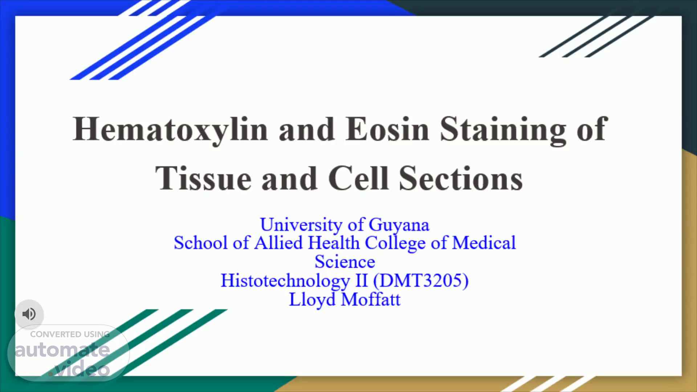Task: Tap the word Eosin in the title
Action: coord(387,129)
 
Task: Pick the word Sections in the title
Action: coord(461,178)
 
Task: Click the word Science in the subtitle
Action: coord(345,262)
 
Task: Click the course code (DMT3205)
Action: coord(421,281)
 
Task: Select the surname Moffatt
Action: coord(371,299)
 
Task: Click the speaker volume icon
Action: coord(29,314)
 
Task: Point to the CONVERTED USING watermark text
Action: coord(70,334)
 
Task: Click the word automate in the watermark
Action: coord(62,350)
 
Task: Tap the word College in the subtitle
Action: coord(395,243)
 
